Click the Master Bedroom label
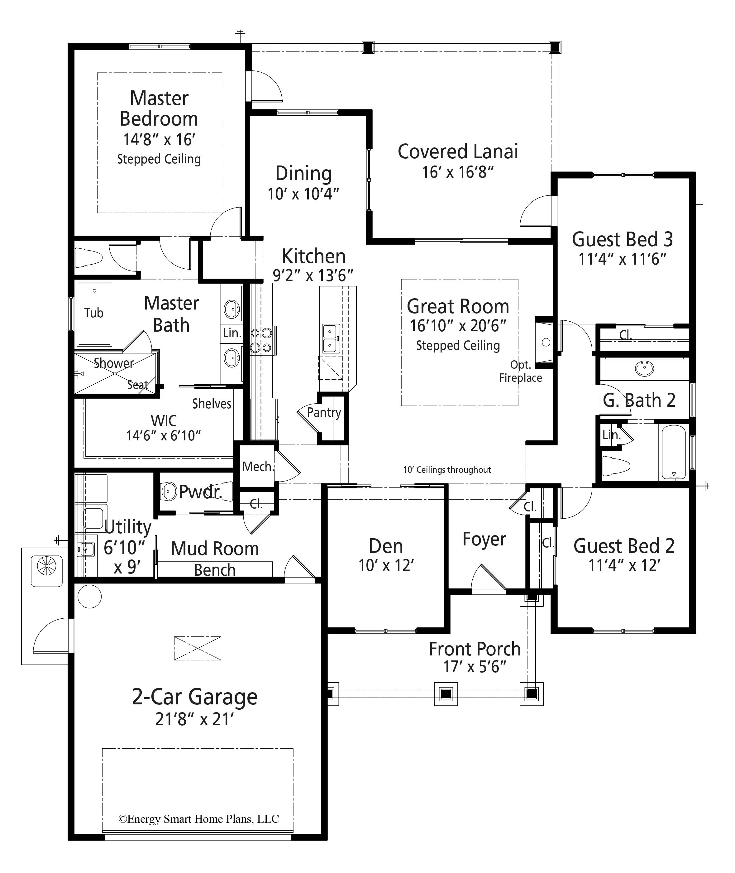pyautogui.click(x=159, y=109)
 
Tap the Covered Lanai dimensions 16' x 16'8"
pyautogui.click(x=457, y=172)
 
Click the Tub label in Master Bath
pyautogui.click(x=93, y=313)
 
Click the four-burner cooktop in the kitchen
pyautogui.click(x=261, y=340)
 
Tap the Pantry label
pyautogui.click(x=324, y=413)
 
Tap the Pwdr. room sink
pyautogui.click(x=169, y=492)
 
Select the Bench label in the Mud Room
pyautogui.click(x=215, y=570)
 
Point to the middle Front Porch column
pyautogui.click(x=446, y=694)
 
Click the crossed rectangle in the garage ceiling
pyautogui.click(x=198, y=648)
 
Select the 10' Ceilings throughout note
pyautogui.click(x=447, y=470)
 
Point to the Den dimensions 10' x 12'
pyautogui.click(x=386, y=565)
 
